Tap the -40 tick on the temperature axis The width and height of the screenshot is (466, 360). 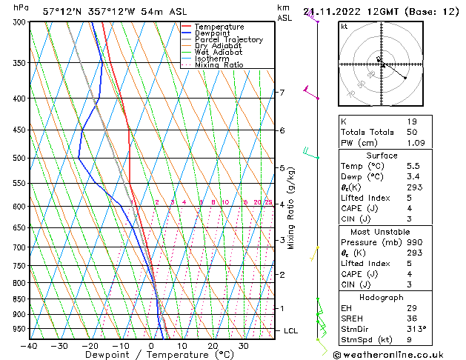30,346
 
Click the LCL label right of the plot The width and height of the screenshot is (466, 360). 290,330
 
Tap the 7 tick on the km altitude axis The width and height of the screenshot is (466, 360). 282,93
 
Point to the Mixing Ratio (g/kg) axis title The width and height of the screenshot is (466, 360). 291,208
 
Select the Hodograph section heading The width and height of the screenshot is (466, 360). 382,297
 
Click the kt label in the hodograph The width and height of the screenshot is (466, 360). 344,27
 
